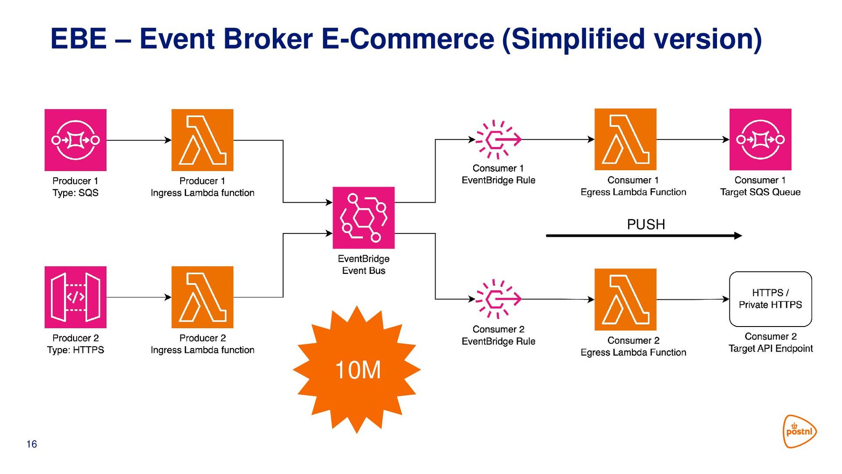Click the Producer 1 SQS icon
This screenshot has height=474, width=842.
pyautogui.click(x=75, y=140)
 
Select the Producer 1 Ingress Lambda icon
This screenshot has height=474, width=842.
pyautogui.click(x=202, y=140)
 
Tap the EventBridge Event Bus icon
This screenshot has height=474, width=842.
pyautogui.click(x=364, y=218)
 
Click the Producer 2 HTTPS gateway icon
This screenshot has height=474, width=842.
pyautogui.click(x=75, y=297)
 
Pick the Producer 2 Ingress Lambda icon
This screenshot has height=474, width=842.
pyautogui.click(x=202, y=297)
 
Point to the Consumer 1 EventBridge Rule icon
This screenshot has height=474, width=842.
pyautogui.click(x=499, y=140)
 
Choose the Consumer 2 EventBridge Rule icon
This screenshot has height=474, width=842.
pyautogui.click(x=499, y=299)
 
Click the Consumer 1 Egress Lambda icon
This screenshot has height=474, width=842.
pyautogui.click(x=625, y=140)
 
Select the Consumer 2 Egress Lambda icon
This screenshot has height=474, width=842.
pyautogui.click(x=625, y=299)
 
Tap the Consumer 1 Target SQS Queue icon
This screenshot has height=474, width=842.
pyautogui.click(x=760, y=140)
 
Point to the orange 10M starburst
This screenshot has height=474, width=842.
pyautogui.click(x=357, y=370)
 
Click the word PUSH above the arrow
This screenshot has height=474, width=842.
pyautogui.click(x=646, y=225)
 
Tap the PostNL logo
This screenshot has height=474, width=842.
pyautogui.click(x=800, y=431)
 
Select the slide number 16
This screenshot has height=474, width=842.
pyautogui.click(x=32, y=444)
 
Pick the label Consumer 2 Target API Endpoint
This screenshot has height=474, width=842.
pyautogui.click(x=771, y=342)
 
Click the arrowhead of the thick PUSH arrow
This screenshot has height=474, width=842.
pyautogui.click(x=739, y=236)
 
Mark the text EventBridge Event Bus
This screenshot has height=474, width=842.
pyautogui.click(x=364, y=265)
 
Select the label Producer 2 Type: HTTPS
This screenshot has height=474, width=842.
pyautogui.click(x=75, y=344)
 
